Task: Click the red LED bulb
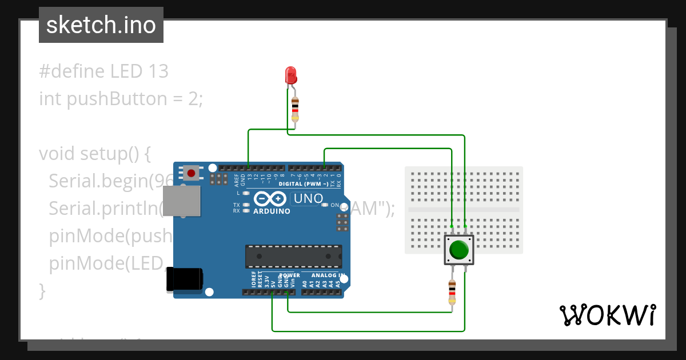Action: (290, 74)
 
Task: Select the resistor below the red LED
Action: (295, 109)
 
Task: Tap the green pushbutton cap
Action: (459, 250)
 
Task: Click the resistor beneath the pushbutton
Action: (452, 291)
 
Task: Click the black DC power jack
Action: (184, 279)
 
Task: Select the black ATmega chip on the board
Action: (294, 257)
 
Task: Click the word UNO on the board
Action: (306, 199)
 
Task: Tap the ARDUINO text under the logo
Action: (271, 211)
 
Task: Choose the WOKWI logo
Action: (607, 315)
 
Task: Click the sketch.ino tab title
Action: (101, 25)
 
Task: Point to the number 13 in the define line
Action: (158, 71)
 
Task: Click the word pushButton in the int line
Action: (117, 99)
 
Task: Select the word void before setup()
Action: (57, 154)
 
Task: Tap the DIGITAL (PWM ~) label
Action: (304, 184)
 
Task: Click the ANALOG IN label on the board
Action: (328, 275)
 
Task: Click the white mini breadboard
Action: (464, 210)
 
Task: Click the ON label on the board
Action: (335, 205)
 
